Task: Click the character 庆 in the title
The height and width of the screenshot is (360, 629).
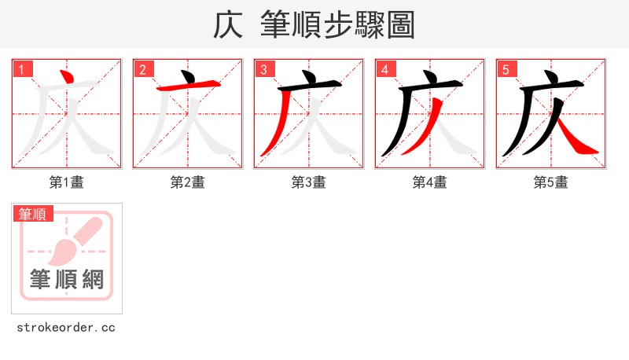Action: click(228, 25)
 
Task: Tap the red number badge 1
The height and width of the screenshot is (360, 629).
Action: click(21, 69)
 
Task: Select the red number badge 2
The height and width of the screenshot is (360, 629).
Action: click(142, 69)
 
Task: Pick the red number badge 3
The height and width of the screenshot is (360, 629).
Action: click(263, 69)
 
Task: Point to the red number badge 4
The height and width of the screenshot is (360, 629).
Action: click(384, 69)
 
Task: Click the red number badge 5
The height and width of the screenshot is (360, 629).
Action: click(506, 69)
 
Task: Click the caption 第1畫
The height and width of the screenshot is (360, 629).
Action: click(67, 182)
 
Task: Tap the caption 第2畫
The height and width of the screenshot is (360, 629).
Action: click(188, 182)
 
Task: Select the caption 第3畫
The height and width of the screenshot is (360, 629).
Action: click(309, 182)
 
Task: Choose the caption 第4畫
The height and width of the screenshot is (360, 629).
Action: click(430, 182)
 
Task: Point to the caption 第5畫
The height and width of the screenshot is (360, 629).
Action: click(551, 182)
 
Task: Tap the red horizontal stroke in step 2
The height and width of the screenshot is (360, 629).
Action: click(189, 86)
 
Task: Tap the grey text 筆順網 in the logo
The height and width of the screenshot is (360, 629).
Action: click(67, 279)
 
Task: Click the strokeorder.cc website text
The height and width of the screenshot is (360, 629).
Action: click(66, 327)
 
